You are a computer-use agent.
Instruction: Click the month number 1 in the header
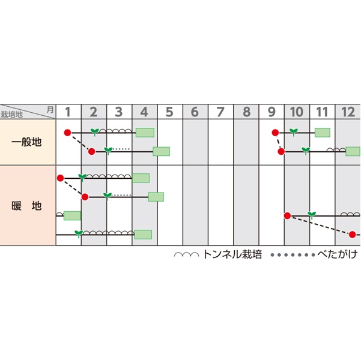tap(68, 112)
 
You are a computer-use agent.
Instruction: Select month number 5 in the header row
tap(169, 112)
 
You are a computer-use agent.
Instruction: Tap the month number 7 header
tap(220, 112)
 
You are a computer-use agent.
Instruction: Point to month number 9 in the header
tap(272, 112)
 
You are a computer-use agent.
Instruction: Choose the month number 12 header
tap(348, 112)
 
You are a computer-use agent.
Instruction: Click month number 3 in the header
tap(119, 112)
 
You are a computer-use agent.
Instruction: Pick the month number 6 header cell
tap(195, 112)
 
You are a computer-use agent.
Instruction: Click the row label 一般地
tap(27, 142)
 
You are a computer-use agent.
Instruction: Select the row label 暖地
tap(27, 206)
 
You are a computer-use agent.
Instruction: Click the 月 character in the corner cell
tap(49, 109)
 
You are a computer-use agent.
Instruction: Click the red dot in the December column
tap(353, 234)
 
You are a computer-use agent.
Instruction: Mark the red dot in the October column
tap(287, 215)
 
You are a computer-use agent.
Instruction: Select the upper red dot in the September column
tap(275, 133)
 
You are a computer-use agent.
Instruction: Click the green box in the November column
tap(323, 133)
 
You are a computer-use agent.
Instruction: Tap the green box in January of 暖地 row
tap(72, 215)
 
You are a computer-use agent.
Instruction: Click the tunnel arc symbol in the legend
tap(186, 255)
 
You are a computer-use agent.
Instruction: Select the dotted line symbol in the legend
tap(293, 255)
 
